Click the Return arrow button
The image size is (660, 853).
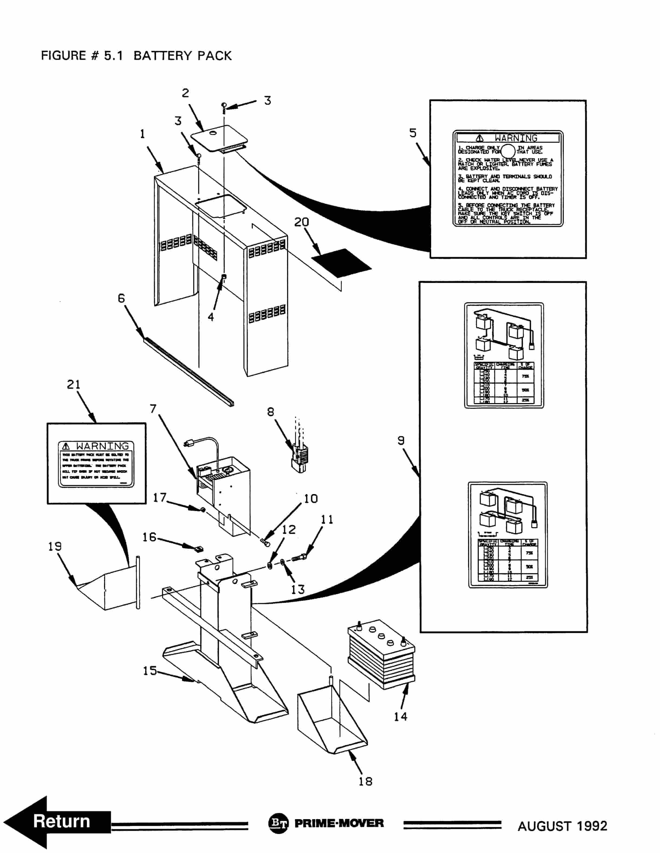point(58,821)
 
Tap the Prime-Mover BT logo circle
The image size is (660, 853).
point(278,823)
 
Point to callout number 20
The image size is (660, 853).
point(301,222)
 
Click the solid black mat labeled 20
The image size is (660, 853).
point(341,263)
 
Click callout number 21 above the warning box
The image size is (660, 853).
point(73,384)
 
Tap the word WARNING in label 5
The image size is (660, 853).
point(515,138)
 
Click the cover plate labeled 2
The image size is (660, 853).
point(219,139)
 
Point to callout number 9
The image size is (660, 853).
point(401,440)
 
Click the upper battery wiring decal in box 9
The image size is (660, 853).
point(504,355)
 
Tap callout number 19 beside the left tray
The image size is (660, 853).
point(55,546)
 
